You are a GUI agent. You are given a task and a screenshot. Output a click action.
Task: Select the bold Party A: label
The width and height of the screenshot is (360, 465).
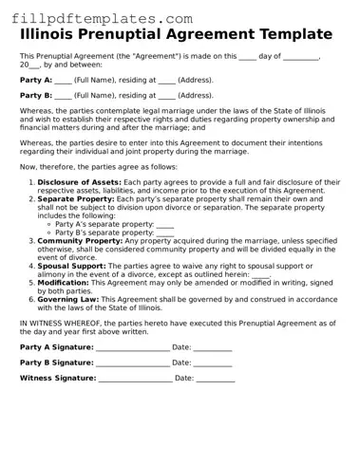tap(36, 81)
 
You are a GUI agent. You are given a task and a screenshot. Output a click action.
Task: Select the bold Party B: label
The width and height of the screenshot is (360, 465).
tap(36, 96)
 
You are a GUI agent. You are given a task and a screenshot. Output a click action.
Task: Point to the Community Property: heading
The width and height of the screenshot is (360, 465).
tap(82, 241)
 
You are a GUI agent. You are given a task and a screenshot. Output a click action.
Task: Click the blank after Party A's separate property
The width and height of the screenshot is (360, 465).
tap(164, 225)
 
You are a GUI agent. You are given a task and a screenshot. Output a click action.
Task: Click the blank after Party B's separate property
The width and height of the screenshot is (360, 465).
tap(164, 233)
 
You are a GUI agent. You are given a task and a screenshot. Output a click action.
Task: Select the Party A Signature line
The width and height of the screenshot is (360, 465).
tap(133, 348)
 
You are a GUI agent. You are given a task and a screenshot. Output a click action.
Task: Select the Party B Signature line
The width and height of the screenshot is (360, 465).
tap(133, 363)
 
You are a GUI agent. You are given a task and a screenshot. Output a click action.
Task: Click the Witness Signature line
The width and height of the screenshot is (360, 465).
tap(135, 379)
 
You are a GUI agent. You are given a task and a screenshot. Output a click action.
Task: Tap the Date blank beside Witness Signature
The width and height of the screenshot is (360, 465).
tap(216, 379)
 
